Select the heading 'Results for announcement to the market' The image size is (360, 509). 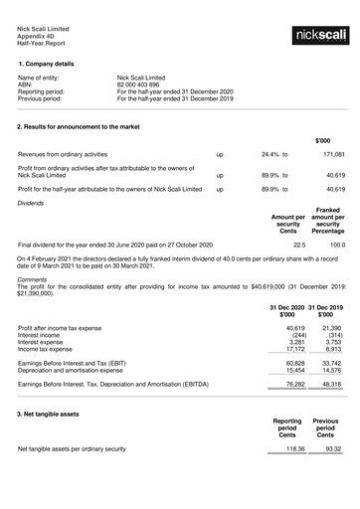90,128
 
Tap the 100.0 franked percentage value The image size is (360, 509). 337,244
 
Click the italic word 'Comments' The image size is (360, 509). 33,279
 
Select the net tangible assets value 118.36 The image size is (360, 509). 294,449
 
